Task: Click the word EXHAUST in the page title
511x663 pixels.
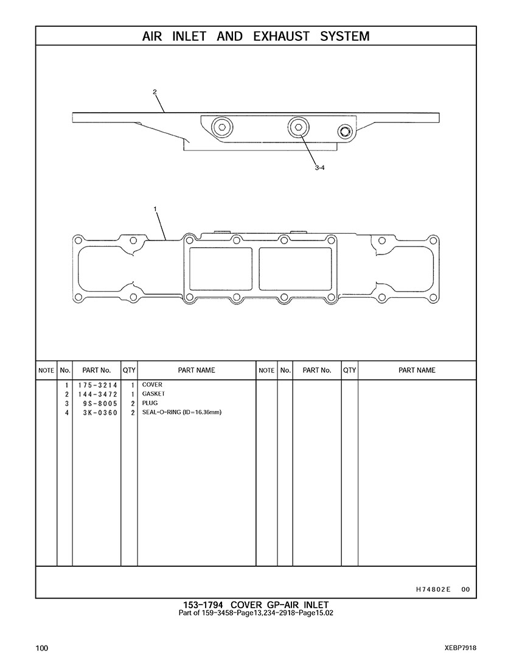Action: pyautogui.click(x=281, y=37)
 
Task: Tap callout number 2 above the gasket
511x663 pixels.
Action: pyautogui.click(x=155, y=92)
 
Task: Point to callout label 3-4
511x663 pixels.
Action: pyautogui.click(x=319, y=168)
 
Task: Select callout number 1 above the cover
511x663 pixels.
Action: pyautogui.click(x=155, y=209)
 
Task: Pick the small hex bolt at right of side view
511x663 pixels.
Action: pyautogui.click(x=346, y=132)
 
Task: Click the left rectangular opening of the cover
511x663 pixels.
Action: pyautogui.click(x=221, y=268)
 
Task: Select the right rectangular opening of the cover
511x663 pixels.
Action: pyautogui.click(x=295, y=268)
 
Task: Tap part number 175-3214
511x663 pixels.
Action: pyautogui.click(x=97, y=385)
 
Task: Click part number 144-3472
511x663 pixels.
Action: pyautogui.click(x=97, y=394)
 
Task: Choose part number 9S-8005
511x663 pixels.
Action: pyautogui.click(x=100, y=404)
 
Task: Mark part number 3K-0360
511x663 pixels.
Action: pyautogui.click(x=100, y=413)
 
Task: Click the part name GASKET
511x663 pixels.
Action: pyautogui.click(x=153, y=394)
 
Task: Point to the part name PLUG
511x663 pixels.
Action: pyautogui.click(x=150, y=403)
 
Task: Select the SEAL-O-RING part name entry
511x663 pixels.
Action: pyautogui.click(x=182, y=412)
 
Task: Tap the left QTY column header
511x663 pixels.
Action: pyautogui.click(x=129, y=370)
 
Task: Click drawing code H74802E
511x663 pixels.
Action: pyautogui.click(x=433, y=589)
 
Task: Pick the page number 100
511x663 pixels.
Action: pyautogui.click(x=42, y=648)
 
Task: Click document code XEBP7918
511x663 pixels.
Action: pyautogui.click(x=461, y=648)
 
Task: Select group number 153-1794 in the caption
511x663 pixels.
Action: pyautogui.click(x=203, y=605)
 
